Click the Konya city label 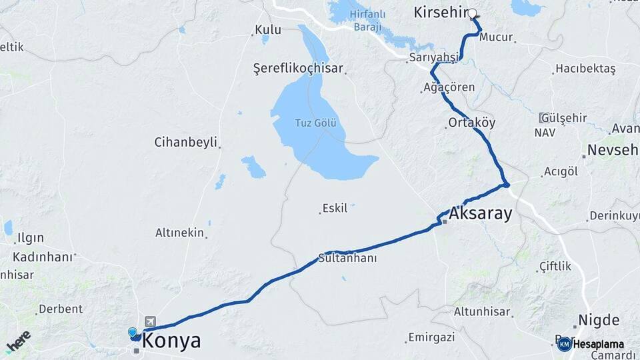(172, 341)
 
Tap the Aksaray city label (481, 213)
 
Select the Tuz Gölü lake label (317, 123)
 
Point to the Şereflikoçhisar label (298, 69)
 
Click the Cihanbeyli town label (186, 142)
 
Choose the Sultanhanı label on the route (348, 258)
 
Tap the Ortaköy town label (472, 123)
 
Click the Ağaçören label (450, 87)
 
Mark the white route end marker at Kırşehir (473, 13)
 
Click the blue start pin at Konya (133, 332)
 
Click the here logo (18, 341)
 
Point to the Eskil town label (335, 209)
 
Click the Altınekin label (179, 233)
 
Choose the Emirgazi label (431, 337)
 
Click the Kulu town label (268, 30)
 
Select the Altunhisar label (481, 311)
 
